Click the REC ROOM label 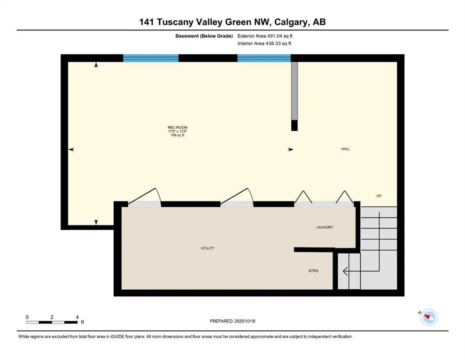point(177,127)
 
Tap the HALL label point(346,149)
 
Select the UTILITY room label point(207,248)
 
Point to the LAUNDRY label point(325,227)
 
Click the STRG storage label point(313,271)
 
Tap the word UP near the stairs point(379,195)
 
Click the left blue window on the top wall point(151,58)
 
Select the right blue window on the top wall point(264,58)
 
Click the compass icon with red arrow point(428,317)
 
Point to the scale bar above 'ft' point(52,322)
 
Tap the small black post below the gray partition point(294,126)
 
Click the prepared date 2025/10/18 point(245,321)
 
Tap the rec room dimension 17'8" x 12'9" point(177,131)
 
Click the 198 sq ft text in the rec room point(177,135)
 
